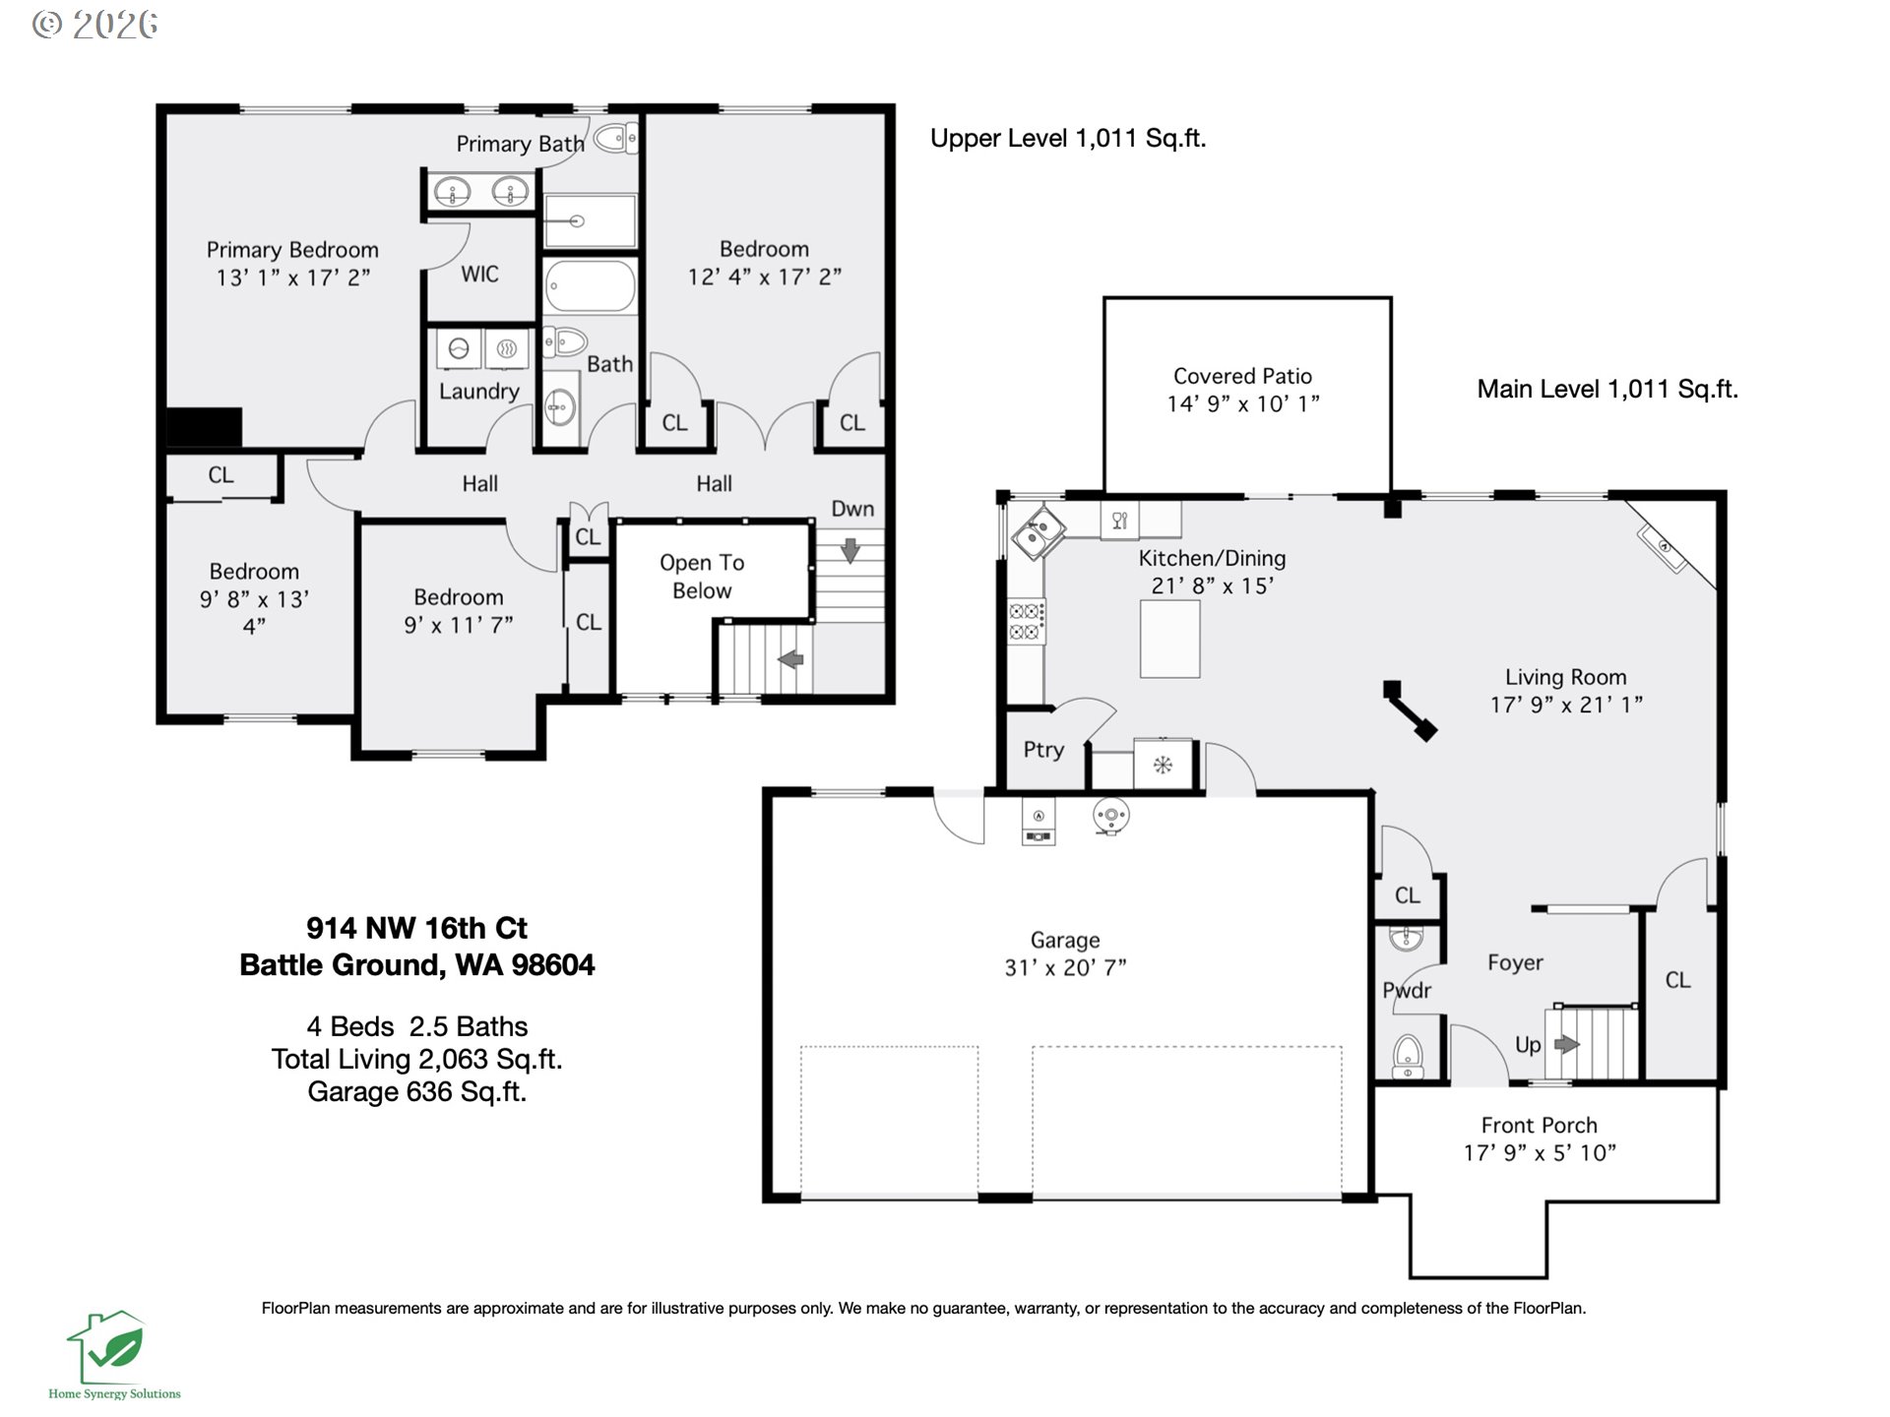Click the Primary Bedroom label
click(x=292, y=250)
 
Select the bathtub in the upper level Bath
click(x=590, y=285)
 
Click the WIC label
click(x=479, y=275)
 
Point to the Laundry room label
click(x=478, y=392)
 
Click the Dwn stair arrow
click(x=850, y=550)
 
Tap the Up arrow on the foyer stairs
click(x=1566, y=1044)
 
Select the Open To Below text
click(x=701, y=577)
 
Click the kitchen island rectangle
click(x=1169, y=639)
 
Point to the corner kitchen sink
click(x=1038, y=532)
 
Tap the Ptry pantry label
click(x=1043, y=750)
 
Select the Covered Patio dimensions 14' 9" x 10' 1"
click(x=1243, y=403)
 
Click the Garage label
click(x=1065, y=940)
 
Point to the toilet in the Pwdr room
click(x=1408, y=1056)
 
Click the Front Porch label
click(x=1539, y=1125)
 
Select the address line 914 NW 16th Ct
click(x=416, y=928)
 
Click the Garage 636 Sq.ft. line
click(x=416, y=1091)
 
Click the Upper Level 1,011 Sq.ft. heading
click(x=1068, y=139)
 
